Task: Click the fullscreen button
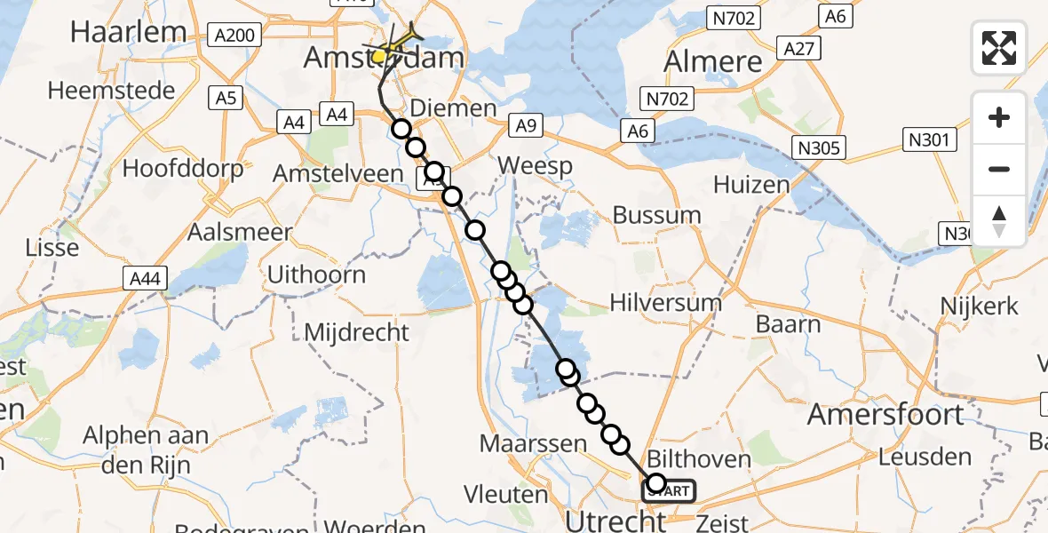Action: click(x=999, y=48)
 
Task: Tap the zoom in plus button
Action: click(x=999, y=117)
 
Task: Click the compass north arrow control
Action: click(x=999, y=221)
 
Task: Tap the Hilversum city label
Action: click(x=665, y=302)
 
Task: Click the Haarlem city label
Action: click(x=128, y=32)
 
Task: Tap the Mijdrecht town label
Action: click(x=357, y=332)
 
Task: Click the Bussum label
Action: click(x=657, y=215)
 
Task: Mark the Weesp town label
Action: click(x=535, y=165)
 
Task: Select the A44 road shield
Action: click(x=144, y=279)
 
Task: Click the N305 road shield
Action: click(x=819, y=147)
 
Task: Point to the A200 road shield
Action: click(x=235, y=36)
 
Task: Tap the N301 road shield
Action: click(x=931, y=139)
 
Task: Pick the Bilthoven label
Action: click(x=700, y=459)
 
